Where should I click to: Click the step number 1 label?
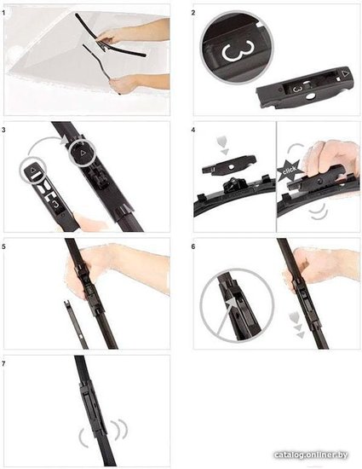point(3,13)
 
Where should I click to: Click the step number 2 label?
point(193,13)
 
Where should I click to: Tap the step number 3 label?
point(3,130)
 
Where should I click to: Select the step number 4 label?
point(193,130)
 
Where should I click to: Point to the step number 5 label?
point(3,246)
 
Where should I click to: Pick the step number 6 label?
point(193,246)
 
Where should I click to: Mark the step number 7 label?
point(3,364)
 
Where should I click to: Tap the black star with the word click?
point(289,171)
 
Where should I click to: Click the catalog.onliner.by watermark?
point(311,455)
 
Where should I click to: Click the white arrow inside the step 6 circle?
point(225,316)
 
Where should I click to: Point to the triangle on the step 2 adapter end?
point(346,73)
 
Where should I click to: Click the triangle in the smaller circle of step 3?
point(33,170)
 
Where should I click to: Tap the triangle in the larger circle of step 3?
point(83,153)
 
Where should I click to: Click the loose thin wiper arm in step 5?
point(75,325)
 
